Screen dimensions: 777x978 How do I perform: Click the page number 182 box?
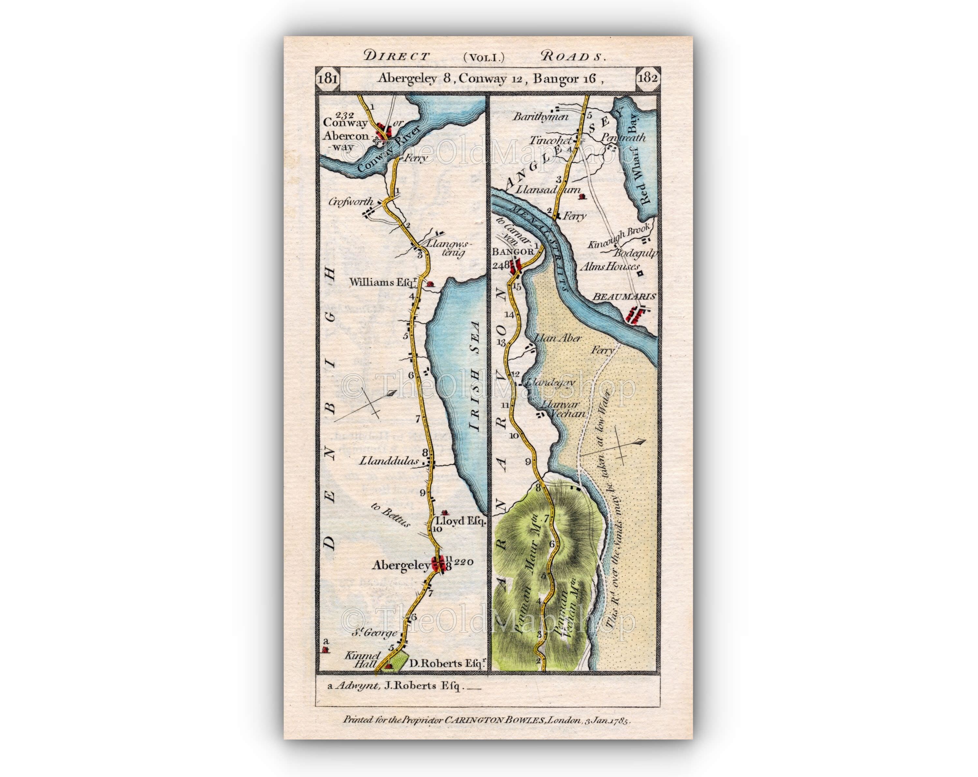click(x=648, y=78)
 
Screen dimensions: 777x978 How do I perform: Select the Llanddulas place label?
click(x=389, y=461)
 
